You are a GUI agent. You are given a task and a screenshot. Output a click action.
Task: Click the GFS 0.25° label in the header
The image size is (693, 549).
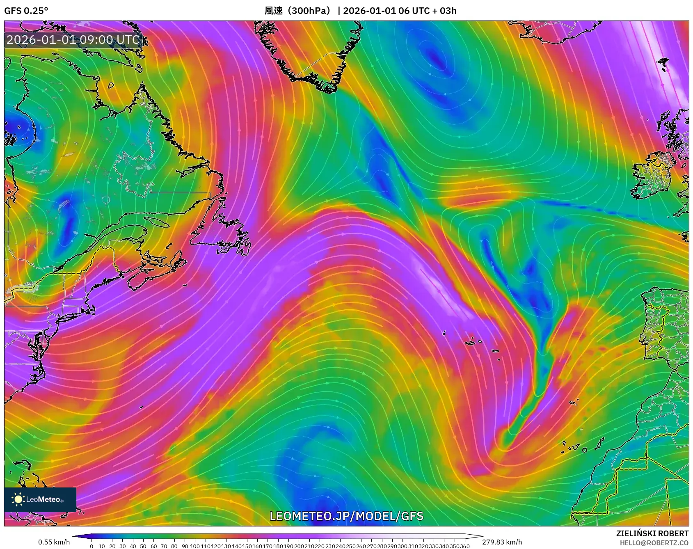(x=26, y=11)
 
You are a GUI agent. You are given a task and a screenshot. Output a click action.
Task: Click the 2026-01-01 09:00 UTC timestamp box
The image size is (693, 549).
(x=73, y=40)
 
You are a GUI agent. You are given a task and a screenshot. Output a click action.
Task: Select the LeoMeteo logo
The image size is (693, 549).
(x=40, y=499)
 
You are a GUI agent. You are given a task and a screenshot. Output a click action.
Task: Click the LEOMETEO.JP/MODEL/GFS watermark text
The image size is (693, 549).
(x=346, y=516)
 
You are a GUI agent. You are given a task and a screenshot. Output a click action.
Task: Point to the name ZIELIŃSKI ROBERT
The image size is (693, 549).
(x=652, y=533)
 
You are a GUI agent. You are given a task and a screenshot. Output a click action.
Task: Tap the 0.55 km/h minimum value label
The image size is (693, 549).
(x=54, y=542)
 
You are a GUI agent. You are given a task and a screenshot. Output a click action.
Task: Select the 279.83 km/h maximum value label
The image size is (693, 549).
(x=502, y=542)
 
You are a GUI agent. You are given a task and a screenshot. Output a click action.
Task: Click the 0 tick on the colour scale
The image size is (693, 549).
(x=91, y=546)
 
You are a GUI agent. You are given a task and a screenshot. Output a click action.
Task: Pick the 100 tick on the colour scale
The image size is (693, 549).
(x=195, y=546)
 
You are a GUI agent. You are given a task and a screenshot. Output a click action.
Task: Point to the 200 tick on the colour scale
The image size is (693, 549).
(x=299, y=546)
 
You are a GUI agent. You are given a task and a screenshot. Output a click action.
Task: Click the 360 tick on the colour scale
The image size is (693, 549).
(x=465, y=546)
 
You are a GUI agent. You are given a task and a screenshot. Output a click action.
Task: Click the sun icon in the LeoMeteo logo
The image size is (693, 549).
(x=18, y=499)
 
